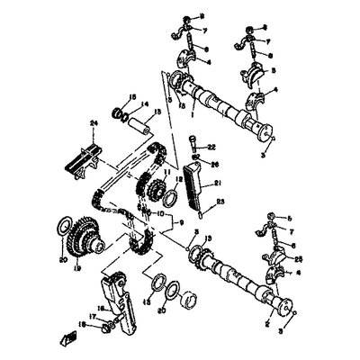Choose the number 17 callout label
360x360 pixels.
[x=93, y=316]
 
